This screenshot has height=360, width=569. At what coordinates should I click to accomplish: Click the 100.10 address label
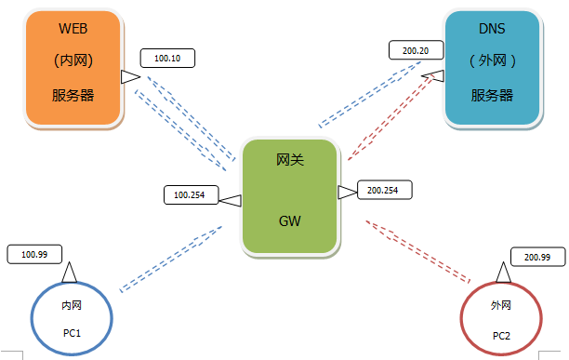coord(167,58)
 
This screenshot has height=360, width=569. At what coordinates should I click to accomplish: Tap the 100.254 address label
coord(190,195)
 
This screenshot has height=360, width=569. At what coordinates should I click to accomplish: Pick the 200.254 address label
coord(383,190)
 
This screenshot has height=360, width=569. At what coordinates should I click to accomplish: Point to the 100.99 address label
coord(34,253)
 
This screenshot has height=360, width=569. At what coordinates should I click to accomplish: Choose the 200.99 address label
coord(537,257)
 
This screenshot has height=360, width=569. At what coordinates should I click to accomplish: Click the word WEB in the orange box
coord(73,30)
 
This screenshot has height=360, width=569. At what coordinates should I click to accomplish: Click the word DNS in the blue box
coord(492,30)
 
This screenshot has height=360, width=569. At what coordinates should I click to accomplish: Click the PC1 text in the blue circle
coord(73,332)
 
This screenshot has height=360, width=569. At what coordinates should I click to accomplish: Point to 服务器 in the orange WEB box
coord(73,95)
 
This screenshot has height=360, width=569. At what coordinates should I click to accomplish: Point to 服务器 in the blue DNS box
coord(492,95)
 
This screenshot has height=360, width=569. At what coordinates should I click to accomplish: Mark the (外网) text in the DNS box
coord(492,61)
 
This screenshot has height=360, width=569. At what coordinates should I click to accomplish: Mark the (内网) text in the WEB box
coord(73,61)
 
